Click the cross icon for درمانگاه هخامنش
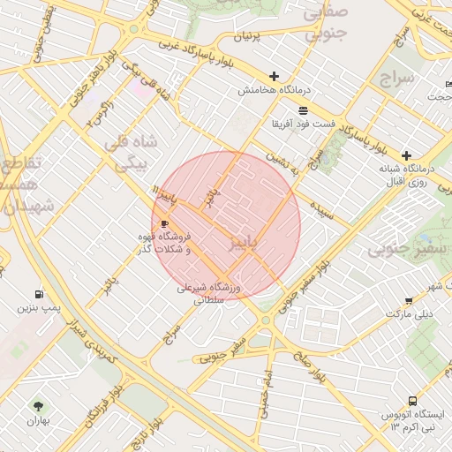(x=275, y=77)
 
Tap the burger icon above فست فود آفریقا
(x=304, y=109)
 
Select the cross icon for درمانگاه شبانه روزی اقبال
(x=406, y=154)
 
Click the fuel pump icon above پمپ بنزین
(x=38, y=294)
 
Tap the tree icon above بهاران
(x=38, y=406)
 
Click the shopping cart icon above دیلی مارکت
(x=409, y=300)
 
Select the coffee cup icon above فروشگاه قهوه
(x=164, y=224)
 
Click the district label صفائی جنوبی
(x=326, y=23)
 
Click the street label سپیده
(x=320, y=213)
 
